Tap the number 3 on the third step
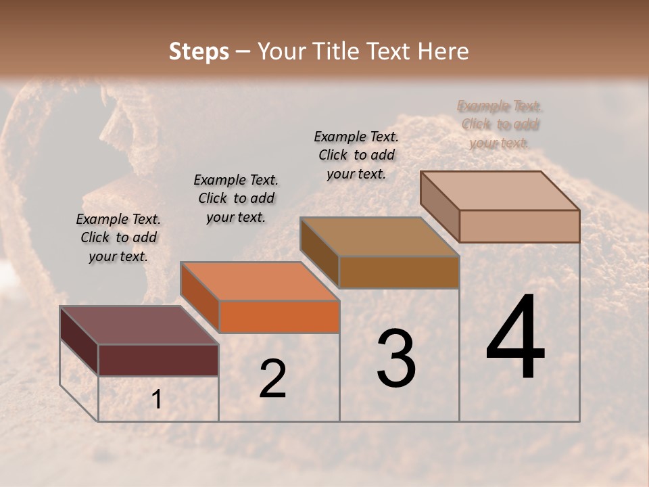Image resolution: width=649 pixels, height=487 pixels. [396, 358]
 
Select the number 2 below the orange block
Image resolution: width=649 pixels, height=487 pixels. [272, 379]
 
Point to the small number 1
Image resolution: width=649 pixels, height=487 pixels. [156, 400]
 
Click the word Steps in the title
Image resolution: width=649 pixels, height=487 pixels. [199, 51]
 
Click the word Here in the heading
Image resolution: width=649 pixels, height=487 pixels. [443, 51]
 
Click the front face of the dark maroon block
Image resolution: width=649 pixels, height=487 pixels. [158, 360]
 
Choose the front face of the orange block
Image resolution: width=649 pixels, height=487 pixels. [279, 317]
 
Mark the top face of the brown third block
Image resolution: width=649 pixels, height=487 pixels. [379, 237]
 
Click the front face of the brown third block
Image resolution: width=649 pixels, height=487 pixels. [399, 272]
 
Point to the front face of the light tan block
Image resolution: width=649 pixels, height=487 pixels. [519, 226]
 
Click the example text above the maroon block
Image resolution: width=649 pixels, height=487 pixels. [118, 237]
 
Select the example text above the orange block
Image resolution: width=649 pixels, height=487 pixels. [236, 198]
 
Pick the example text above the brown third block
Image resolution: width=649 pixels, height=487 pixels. [356, 155]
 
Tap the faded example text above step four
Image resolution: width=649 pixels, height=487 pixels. [500, 124]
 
